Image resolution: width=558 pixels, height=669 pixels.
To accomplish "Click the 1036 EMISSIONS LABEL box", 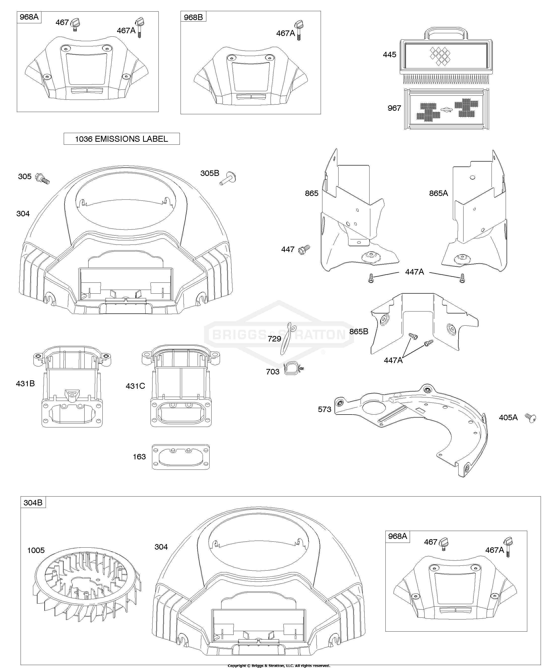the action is point(122,139).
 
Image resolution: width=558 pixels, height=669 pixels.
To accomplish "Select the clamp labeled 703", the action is point(293,369).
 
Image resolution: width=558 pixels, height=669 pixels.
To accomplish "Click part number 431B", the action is point(26,384).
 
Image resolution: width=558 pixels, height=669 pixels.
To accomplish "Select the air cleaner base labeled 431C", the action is point(181,387).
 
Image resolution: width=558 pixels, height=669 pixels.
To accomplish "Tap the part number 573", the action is point(325,409).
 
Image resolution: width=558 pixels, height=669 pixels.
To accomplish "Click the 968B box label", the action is point(193,17).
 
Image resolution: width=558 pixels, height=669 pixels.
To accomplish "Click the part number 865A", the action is point(438,193).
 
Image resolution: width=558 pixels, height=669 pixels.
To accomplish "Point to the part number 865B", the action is point(359,332).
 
